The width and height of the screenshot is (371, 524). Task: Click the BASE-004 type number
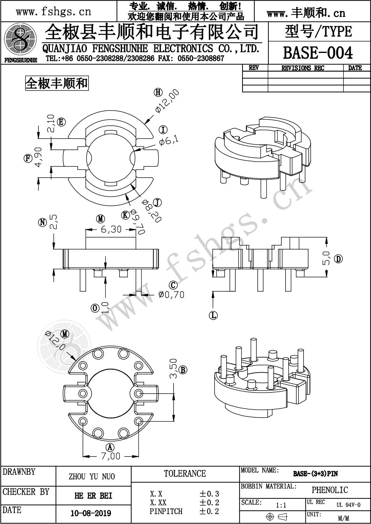coord(318,53)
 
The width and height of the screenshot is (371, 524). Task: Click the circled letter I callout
coord(163,130)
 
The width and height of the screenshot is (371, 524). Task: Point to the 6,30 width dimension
coord(111,229)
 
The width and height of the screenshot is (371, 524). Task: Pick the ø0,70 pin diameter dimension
coord(171,295)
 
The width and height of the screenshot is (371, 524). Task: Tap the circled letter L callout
coord(213,315)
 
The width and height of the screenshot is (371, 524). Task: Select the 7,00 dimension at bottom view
coord(111,456)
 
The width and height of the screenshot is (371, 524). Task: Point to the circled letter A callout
coord(110,447)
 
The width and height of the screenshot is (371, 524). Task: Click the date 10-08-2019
coord(91,513)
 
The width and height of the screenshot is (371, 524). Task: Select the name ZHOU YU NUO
coord(92,477)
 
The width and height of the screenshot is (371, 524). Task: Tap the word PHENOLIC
coord(330,490)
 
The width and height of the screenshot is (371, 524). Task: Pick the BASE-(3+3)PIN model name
coord(315,474)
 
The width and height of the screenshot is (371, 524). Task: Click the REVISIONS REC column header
coord(303,68)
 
